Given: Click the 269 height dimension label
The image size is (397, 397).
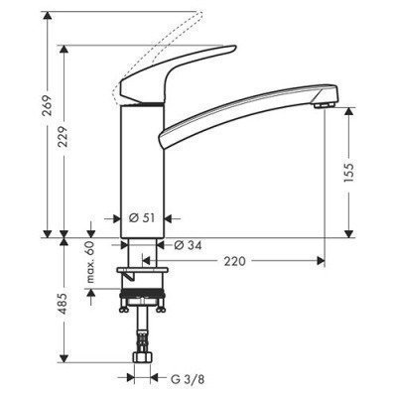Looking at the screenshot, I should point(35,111).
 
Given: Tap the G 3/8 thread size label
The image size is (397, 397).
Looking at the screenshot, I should point(182,377).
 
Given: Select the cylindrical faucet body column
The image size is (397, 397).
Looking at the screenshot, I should point(138,169).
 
